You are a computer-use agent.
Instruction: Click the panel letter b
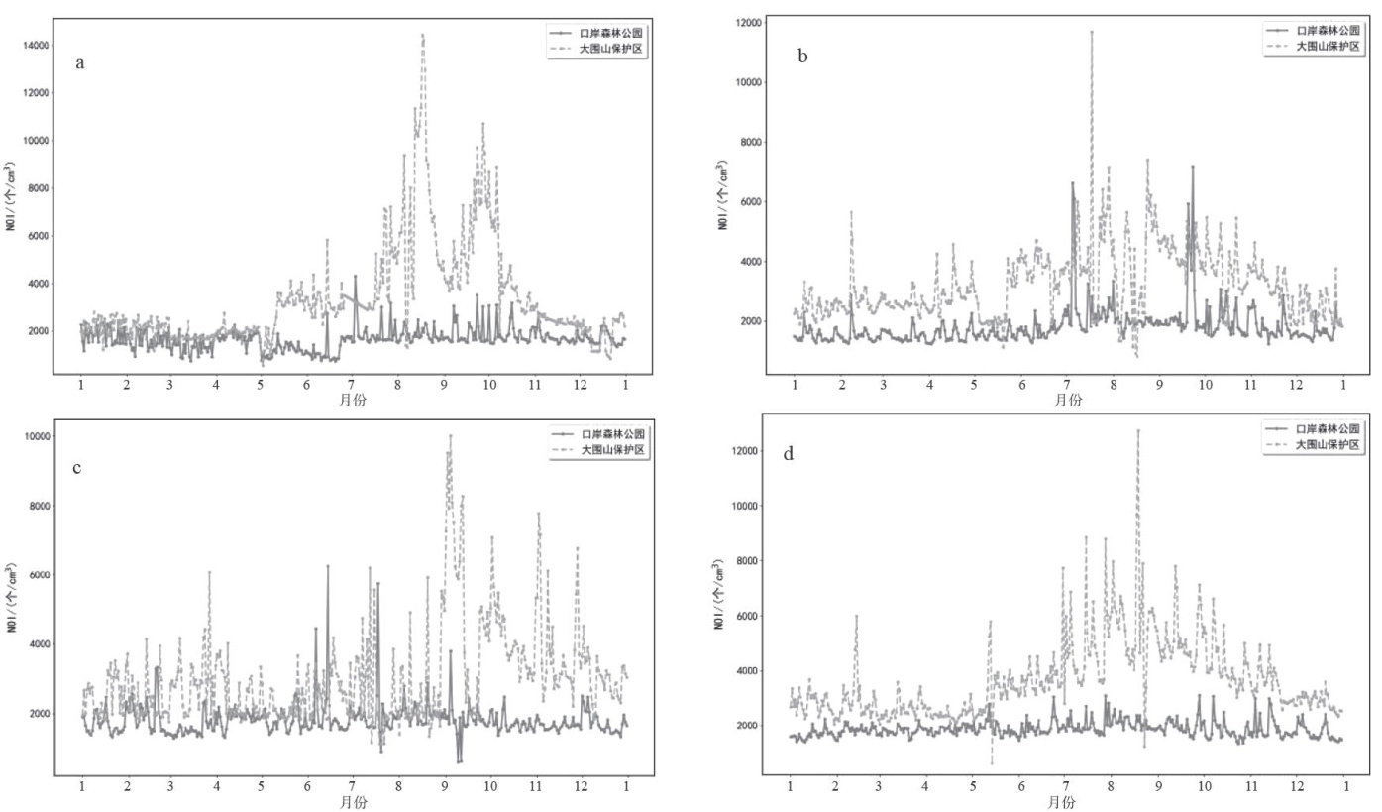802,57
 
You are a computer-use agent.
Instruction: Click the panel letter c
77,467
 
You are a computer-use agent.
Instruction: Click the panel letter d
788,455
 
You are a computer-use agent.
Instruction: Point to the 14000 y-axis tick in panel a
36,46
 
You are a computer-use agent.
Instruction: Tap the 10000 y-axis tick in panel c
36,436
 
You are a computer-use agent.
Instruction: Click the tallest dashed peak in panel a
423,35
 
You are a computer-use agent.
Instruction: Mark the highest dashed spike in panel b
1092,31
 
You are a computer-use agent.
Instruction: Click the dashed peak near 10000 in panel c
450,435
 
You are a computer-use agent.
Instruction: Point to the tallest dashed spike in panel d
1138,430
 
